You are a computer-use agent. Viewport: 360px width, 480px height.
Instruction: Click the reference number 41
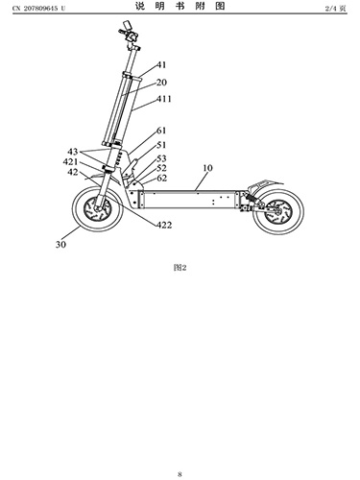161,65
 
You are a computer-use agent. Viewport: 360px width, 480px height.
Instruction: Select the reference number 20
161,83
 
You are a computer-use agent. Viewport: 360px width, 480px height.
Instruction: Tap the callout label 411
164,99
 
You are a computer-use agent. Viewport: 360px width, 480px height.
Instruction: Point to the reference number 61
161,131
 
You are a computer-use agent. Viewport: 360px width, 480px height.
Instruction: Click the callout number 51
161,145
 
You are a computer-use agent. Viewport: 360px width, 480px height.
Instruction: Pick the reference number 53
161,158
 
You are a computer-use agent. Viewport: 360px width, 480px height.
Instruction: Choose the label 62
162,178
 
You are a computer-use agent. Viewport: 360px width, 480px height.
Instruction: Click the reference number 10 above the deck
207,168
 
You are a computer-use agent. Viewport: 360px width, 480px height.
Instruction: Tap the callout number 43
73,152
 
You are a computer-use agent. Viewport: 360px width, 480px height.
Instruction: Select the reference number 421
70,162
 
